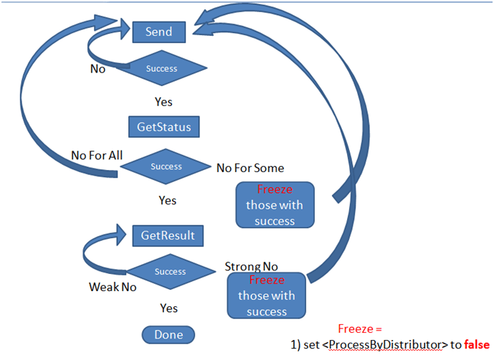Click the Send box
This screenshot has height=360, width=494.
pyautogui.click(x=158, y=32)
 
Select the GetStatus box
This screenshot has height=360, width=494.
pyautogui.click(x=163, y=127)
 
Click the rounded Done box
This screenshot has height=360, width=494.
pyautogui.click(x=168, y=334)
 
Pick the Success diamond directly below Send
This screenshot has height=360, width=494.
pyautogui.click(x=161, y=69)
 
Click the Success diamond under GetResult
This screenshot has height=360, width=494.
pyautogui.click(x=170, y=272)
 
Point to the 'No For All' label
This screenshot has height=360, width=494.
pyautogui.click(x=96, y=156)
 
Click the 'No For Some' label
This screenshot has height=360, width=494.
pyautogui.click(x=250, y=168)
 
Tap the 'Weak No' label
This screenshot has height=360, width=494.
pyautogui.click(x=113, y=287)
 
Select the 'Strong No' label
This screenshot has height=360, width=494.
pyautogui.click(x=251, y=267)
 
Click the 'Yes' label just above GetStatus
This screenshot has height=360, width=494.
pyautogui.click(x=163, y=102)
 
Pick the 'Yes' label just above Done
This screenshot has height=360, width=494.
pyautogui.click(x=168, y=308)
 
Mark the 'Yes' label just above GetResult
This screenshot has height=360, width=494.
pyautogui.click(x=167, y=201)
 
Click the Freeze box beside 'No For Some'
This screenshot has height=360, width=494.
pyautogui.click(x=275, y=205)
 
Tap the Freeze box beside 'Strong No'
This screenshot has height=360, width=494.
pyautogui.click(x=266, y=295)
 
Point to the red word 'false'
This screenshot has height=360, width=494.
pyautogui.click(x=475, y=344)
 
